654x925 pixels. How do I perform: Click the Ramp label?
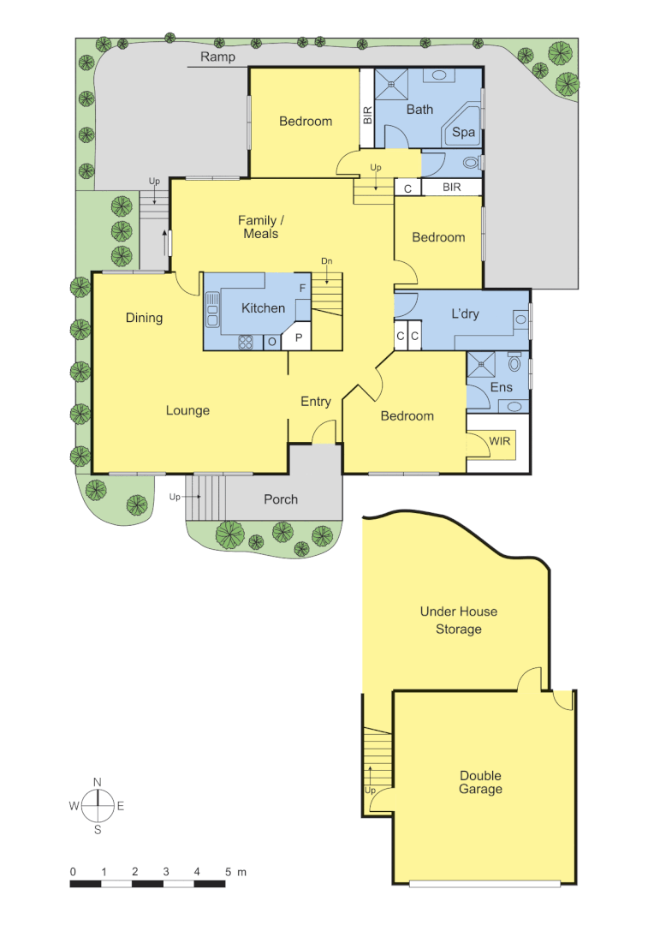[x=217, y=57]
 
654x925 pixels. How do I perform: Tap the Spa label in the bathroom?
[x=463, y=133]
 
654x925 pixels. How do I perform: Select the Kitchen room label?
[x=263, y=308]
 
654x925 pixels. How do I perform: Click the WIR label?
[x=499, y=441]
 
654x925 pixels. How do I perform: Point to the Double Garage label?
[x=480, y=783]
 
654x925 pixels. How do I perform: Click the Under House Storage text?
[x=458, y=621]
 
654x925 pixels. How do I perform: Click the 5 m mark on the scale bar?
[x=229, y=872]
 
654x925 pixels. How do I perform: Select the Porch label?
[x=281, y=499]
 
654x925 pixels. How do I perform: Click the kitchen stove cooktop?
[x=245, y=341]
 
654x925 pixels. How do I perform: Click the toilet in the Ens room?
[x=514, y=363]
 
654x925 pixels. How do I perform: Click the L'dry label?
[x=465, y=313]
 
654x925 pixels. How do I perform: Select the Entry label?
[x=315, y=402]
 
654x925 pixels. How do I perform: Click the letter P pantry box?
[x=298, y=338]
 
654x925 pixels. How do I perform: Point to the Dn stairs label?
[x=326, y=261]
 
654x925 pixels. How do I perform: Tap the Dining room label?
[x=144, y=318]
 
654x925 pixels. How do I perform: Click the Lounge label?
[x=187, y=411]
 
